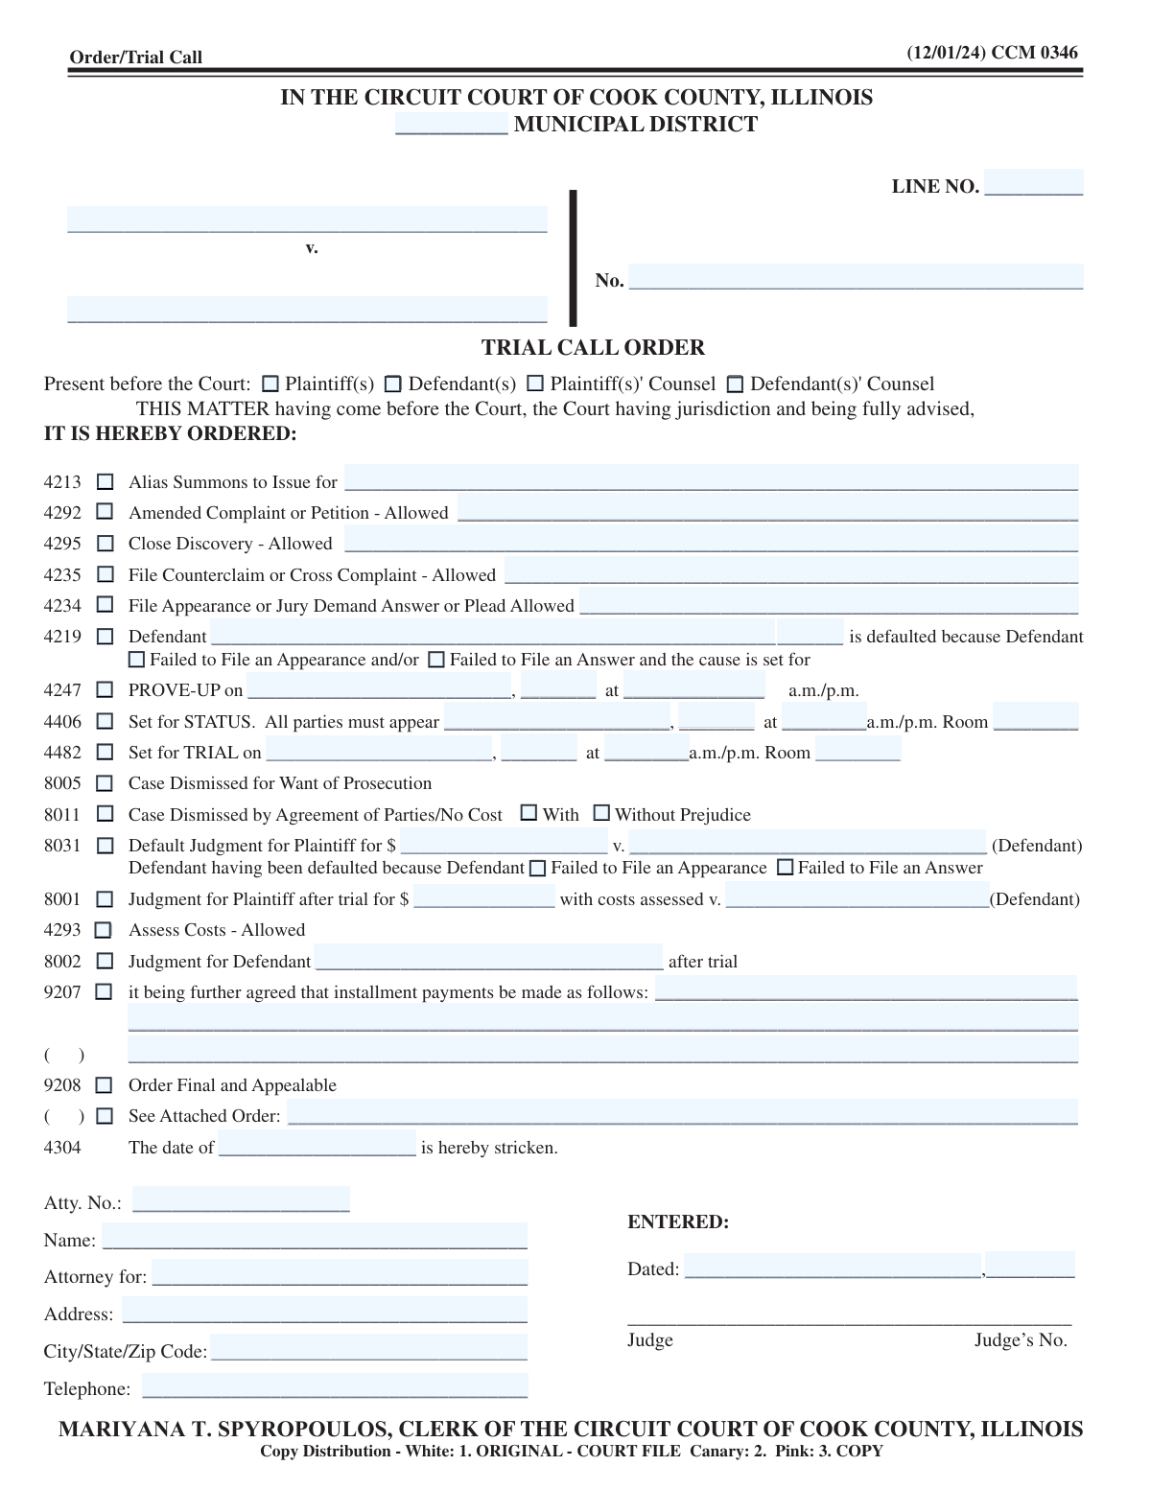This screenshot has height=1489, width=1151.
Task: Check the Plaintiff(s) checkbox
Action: pyautogui.click(x=270, y=384)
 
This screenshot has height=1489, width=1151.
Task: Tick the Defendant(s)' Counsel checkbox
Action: pyautogui.click(x=735, y=384)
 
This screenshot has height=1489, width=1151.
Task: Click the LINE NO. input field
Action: pyautogui.click(x=1033, y=183)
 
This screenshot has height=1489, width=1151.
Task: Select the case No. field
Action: pyautogui.click(x=856, y=277)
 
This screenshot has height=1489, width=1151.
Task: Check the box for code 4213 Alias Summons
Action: pyautogui.click(x=106, y=482)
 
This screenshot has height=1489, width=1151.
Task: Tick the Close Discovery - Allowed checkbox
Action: pyautogui.click(x=106, y=544)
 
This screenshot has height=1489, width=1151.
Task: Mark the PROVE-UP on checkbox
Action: pyautogui.click(x=106, y=690)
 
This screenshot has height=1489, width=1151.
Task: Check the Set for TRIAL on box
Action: pyautogui.click(x=106, y=753)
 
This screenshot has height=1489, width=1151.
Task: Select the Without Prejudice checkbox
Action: pyautogui.click(x=601, y=813)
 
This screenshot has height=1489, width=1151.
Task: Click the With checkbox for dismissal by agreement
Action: pyautogui.click(x=529, y=813)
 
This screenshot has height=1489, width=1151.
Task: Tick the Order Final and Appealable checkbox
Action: pyautogui.click(x=106, y=1085)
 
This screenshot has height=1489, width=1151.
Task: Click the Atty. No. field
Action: pyautogui.click(x=241, y=1200)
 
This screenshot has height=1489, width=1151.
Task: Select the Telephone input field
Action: pyautogui.click(x=335, y=1386)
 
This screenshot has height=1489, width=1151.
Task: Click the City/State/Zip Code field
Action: pyautogui.click(x=368, y=1348)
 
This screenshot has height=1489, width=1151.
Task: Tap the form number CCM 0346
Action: pyautogui.click(x=1034, y=53)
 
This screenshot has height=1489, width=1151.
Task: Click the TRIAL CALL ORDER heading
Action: pyautogui.click(x=593, y=347)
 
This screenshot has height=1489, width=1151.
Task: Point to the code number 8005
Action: pyautogui.click(x=62, y=783)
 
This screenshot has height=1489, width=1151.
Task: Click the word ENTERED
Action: pyautogui.click(x=678, y=1222)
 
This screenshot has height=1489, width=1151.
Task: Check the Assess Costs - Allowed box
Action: pyautogui.click(x=104, y=930)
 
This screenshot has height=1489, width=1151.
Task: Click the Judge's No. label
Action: pyautogui.click(x=1021, y=1340)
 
